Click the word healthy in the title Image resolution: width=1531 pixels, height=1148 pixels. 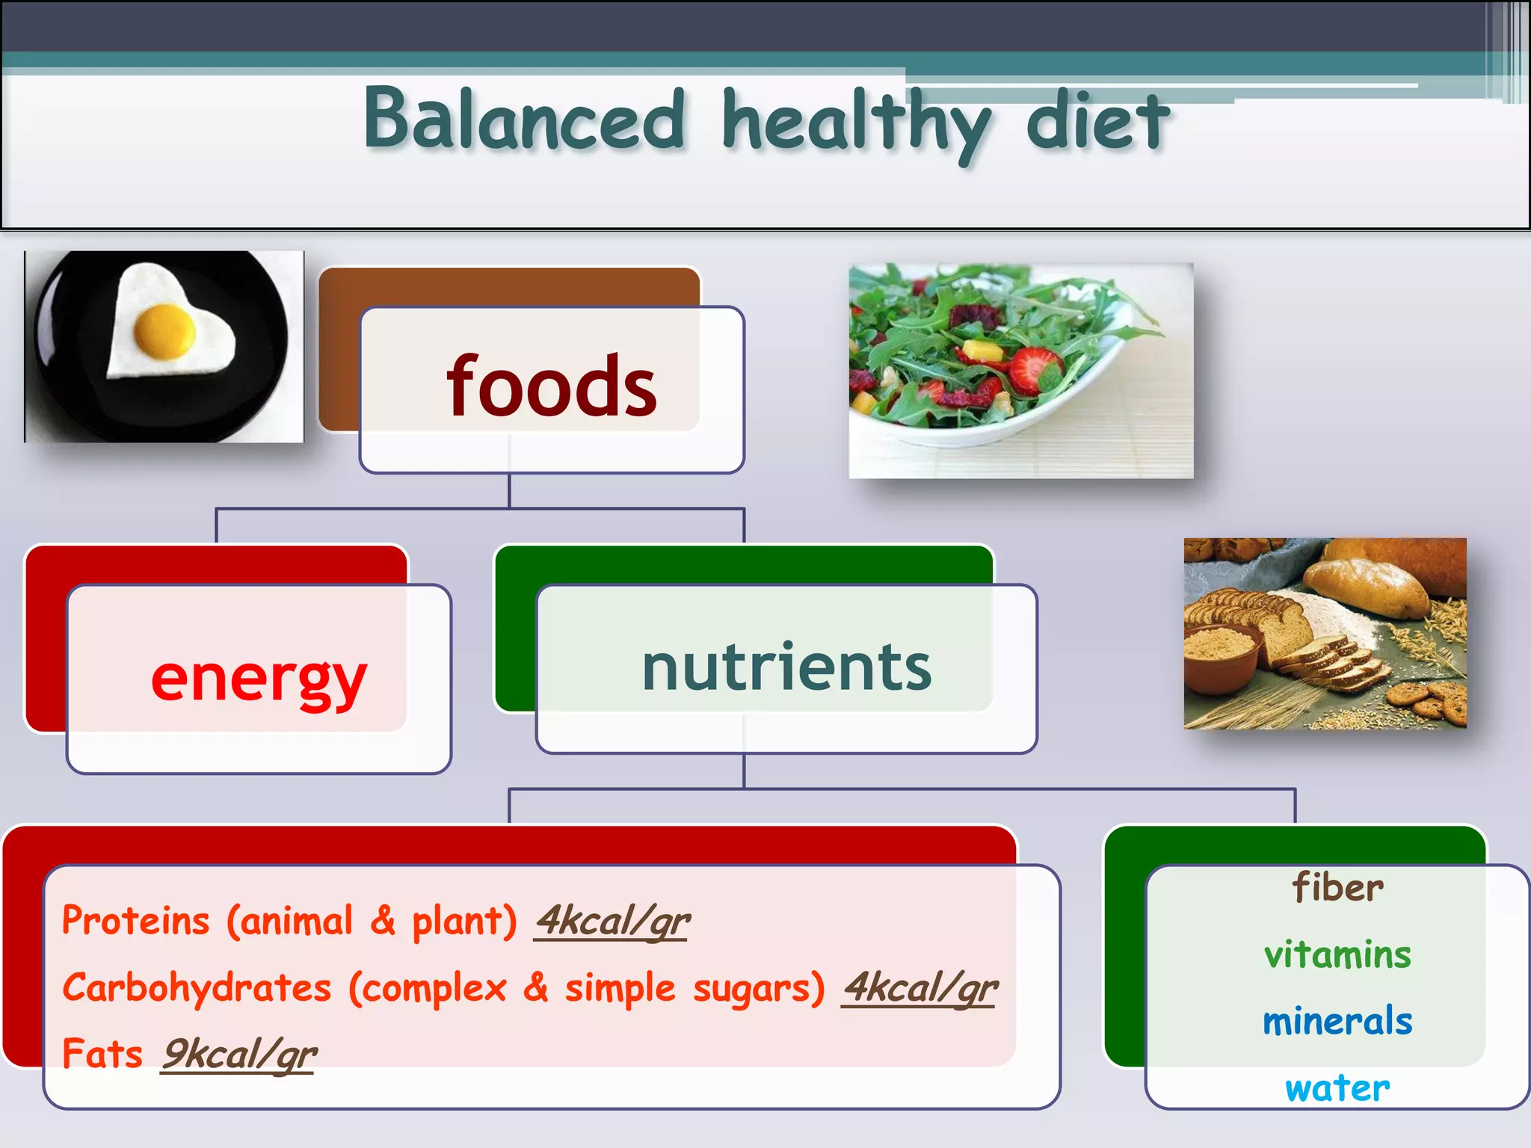coord(856,123)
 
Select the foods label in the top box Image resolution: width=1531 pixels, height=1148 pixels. coord(551,387)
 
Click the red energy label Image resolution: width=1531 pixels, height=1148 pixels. coord(259,679)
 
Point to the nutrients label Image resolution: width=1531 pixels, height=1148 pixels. coord(786,667)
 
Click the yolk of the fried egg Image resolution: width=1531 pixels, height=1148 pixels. coord(165,330)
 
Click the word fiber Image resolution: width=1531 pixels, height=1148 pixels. coord(1337,888)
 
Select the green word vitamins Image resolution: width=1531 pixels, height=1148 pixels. coord(1337,955)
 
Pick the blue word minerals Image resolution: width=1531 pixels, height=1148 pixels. coord(1337,1022)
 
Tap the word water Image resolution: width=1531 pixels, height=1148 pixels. coord(1337,1088)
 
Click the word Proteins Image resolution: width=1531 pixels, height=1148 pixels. coord(135,921)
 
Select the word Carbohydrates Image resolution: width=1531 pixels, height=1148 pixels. coord(197,988)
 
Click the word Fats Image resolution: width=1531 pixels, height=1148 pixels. coord(102,1054)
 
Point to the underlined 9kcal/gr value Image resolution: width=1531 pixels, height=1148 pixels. coord(239,1055)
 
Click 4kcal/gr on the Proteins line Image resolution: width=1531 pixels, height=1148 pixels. coord(612,921)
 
